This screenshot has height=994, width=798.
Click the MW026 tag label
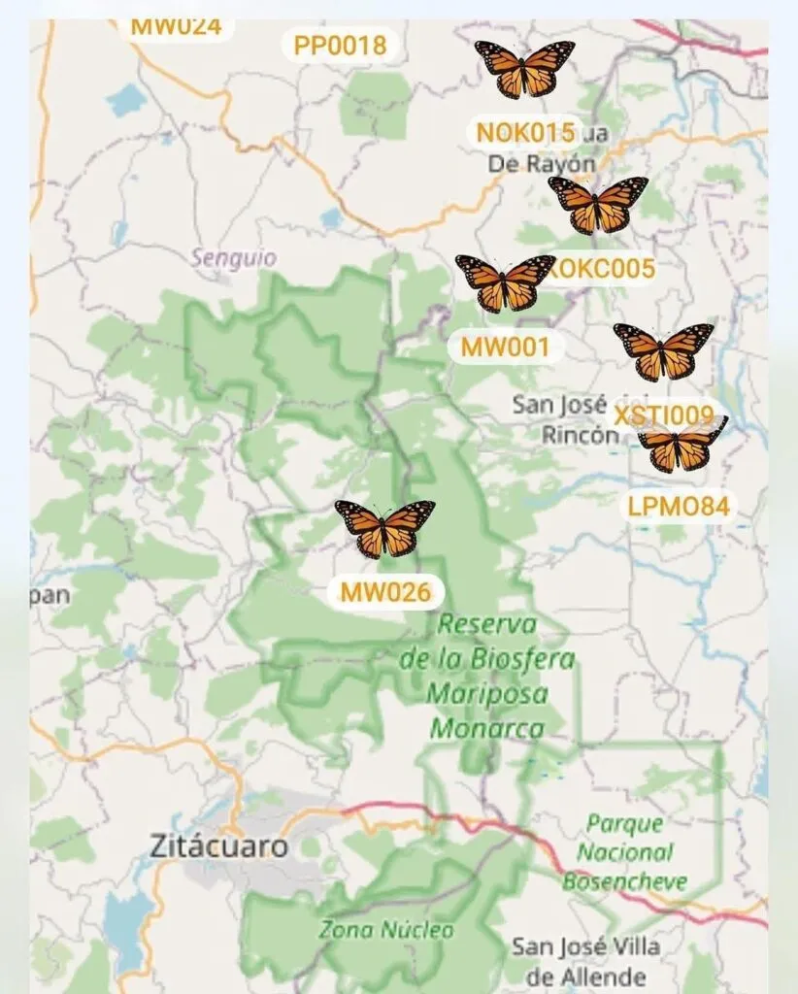click(x=384, y=591)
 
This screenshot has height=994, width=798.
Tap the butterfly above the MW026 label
click(x=384, y=529)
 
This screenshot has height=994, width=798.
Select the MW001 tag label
click(x=505, y=347)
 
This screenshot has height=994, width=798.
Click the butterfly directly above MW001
click(x=505, y=282)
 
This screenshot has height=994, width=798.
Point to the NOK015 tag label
click(x=525, y=132)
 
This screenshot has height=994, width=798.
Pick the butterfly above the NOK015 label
click(x=524, y=69)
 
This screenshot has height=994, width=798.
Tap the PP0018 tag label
click(x=340, y=45)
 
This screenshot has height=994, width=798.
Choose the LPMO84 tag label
click(x=679, y=506)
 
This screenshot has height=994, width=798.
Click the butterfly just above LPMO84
click(x=682, y=447)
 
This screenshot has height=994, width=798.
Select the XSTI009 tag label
click(x=670, y=417)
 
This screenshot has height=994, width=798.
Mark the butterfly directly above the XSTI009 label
click(x=664, y=351)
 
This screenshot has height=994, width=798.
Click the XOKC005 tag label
click(x=602, y=268)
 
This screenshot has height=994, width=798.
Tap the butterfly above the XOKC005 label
click(x=598, y=205)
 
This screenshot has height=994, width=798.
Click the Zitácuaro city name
click(x=219, y=846)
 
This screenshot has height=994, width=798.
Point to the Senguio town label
click(x=233, y=258)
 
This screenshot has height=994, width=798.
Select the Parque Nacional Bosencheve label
click(x=625, y=853)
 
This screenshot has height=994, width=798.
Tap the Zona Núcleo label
click(x=385, y=929)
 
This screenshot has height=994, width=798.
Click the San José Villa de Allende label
click(x=585, y=960)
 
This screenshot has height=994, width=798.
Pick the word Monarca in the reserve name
click(x=487, y=727)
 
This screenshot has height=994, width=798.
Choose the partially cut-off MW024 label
click(x=176, y=26)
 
